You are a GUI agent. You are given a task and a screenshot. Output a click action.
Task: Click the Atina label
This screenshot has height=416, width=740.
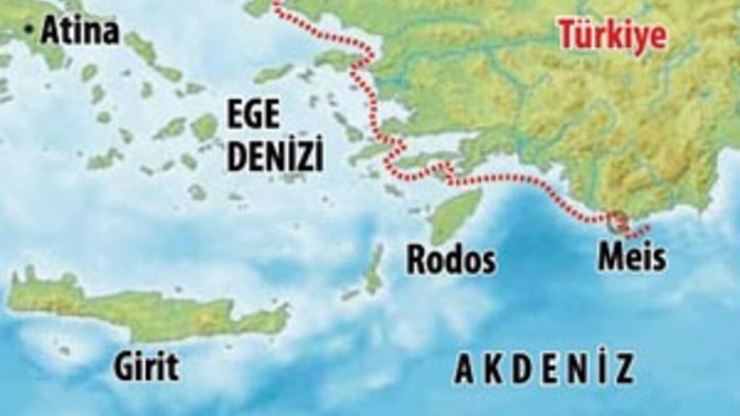coord(80,31)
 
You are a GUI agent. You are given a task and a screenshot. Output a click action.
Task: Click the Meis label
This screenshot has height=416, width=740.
coord(632,258)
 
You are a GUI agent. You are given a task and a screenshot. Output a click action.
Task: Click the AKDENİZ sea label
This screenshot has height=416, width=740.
coord(543,369)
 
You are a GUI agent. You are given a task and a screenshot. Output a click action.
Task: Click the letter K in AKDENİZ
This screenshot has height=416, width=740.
coord(491,370)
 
